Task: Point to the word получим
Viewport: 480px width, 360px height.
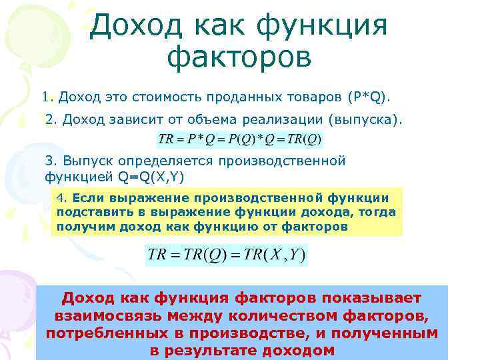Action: [82, 226]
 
